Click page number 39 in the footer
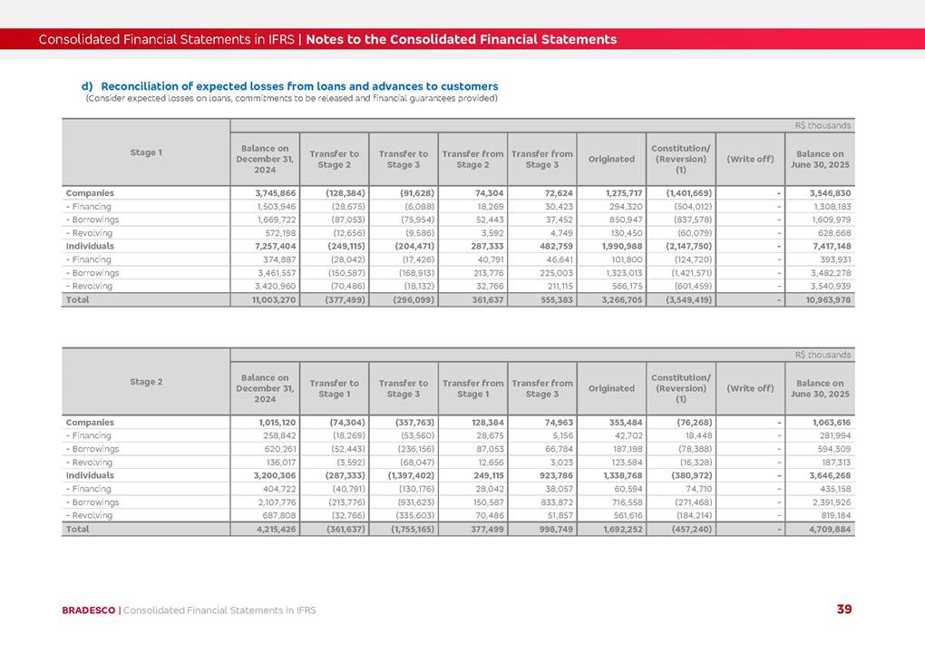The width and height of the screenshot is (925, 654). coord(843,610)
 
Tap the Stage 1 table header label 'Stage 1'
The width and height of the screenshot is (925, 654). coord(146,152)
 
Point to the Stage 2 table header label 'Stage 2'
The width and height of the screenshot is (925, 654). coord(146,382)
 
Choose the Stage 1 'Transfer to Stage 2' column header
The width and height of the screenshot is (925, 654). coord(334,160)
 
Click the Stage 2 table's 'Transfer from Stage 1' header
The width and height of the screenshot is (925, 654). coord(472,388)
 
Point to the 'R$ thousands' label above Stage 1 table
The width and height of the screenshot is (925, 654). coord(823,126)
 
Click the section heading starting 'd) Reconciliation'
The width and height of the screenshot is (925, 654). coord(290,86)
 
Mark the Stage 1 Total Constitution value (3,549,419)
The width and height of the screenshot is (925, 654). coord(683,299)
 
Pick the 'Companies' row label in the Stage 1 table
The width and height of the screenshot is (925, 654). coord(90,193)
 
